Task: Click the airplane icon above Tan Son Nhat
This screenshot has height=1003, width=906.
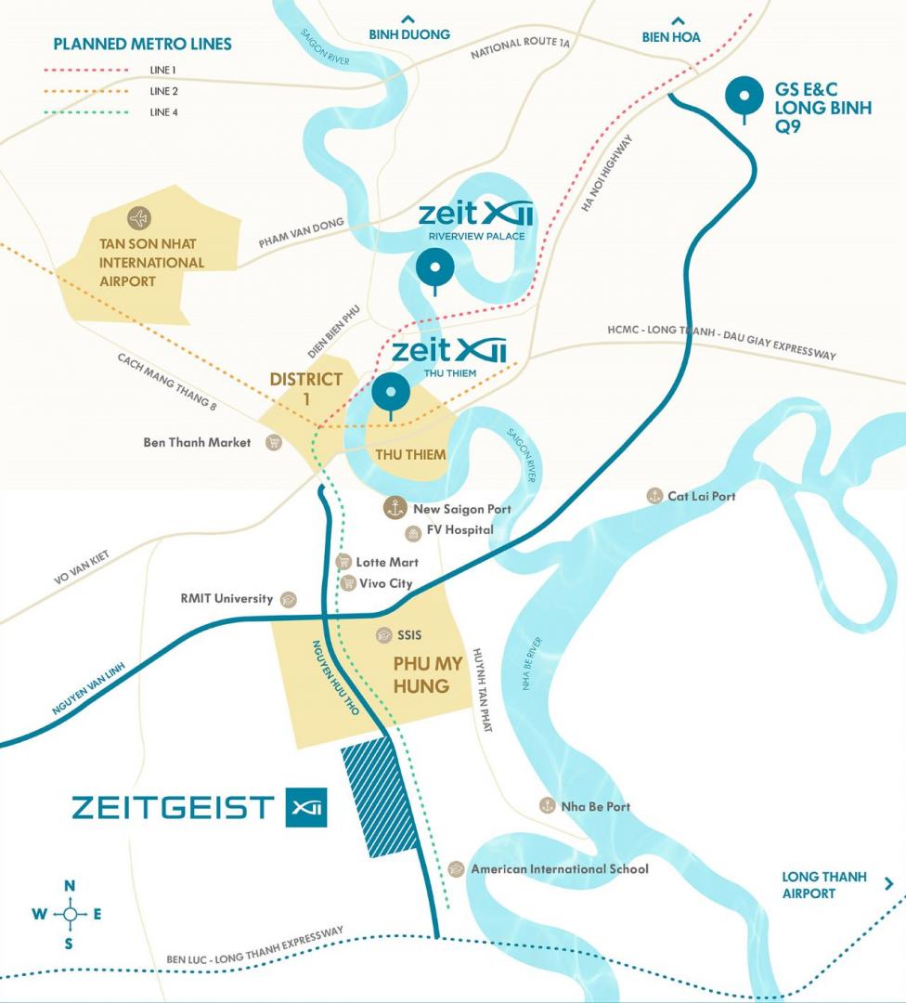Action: (140, 219)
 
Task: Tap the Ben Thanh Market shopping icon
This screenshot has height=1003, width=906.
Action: (273, 443)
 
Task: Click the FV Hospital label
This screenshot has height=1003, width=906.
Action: (459, 530)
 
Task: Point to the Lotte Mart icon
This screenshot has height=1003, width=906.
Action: (343, 562)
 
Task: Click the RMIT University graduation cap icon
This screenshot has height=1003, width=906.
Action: (288, 599)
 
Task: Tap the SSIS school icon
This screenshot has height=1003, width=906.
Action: (383, 635)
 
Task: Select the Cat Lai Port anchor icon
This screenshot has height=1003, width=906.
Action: (655, 496)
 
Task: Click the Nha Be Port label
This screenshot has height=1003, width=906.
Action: (595, 806)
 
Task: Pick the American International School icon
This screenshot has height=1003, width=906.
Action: (456, 869)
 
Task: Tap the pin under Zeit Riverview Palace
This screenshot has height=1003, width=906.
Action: (435, 269)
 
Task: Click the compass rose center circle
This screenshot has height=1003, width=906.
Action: (70, 914)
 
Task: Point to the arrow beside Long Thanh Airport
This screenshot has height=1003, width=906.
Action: (889, 884)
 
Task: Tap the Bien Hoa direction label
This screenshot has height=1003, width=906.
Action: (671, 36)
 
